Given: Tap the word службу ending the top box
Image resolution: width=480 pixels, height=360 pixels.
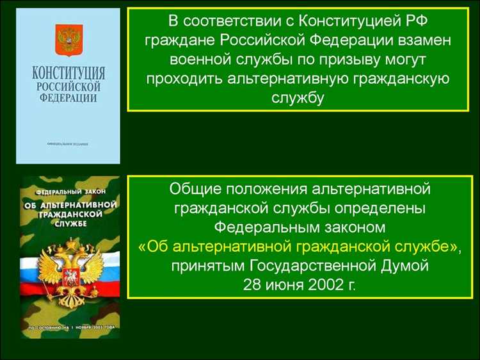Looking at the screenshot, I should click(x=298, y=99).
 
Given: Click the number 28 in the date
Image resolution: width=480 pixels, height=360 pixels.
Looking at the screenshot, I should click(x=252, y=284).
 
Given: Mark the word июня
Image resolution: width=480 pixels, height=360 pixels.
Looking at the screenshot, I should click(x=284, y=284).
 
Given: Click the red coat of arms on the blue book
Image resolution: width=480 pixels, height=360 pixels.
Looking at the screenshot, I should click(x=67, y=40).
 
